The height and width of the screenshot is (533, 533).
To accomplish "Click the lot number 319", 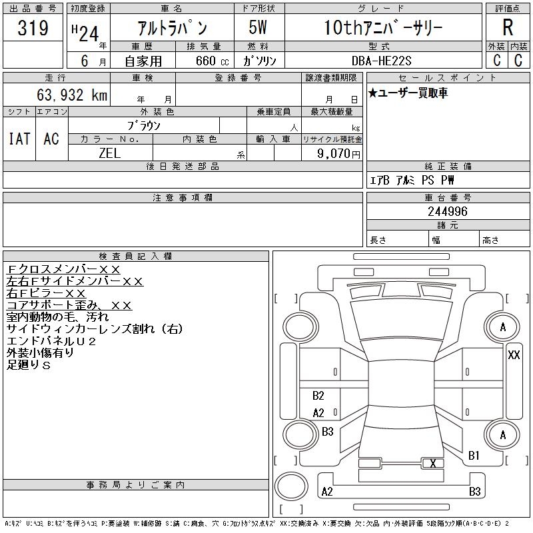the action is (x=33, y=29).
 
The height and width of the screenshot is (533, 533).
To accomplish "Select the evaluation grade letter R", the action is (x=508, y=28).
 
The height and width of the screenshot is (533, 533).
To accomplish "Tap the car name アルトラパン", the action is (x=171, y=28).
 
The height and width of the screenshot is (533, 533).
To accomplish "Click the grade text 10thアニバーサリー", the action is (x=383, y=28).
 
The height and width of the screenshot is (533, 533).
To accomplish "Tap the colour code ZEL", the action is (x=110, y=153).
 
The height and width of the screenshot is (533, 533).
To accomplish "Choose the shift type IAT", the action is (x=19, y=139).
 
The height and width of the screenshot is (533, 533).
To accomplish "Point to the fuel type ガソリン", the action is (x=260, y=61).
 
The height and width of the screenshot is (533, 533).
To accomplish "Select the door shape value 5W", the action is (x=259, y=28).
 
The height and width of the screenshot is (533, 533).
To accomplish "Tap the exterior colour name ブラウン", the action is (x=144, y=125).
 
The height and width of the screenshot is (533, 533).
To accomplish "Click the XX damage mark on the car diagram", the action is (x=514, y=355).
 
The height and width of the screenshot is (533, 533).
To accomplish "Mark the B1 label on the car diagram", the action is (x=474, y=456).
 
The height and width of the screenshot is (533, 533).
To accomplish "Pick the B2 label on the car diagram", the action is (x=318, y=396).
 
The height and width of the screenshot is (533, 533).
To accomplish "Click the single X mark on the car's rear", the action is (x=433, y=463).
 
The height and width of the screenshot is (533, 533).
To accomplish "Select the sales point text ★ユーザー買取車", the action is (x=408, y=93).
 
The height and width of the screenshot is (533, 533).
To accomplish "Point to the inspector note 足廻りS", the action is (x=29, y=365).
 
